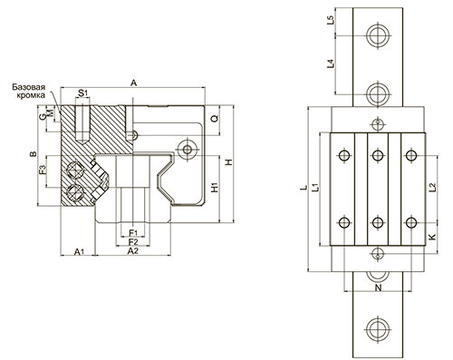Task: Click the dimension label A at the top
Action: [x=133, y=83]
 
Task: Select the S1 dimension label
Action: [x=82, y=92]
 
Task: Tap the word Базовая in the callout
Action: [x=29, y=87]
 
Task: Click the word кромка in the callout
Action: [x=31, y=95]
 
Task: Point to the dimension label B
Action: [x=34, y=154]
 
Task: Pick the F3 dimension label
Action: [x=43, y=170]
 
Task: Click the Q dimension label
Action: [x=214, y=119]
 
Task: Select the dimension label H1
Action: [x=214, y=188]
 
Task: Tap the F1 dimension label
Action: [x=133, y=232]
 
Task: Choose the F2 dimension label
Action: [x=133, y=242]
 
